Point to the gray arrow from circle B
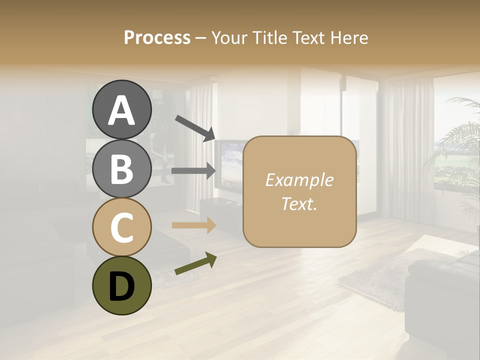[193, 170]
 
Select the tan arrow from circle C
[193, 225]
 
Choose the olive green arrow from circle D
[195, 264]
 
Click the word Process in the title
[157, 37]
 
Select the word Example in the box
[299, 180]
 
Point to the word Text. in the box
[299, 203]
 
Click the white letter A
[122, 111]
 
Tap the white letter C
[122, 228]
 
